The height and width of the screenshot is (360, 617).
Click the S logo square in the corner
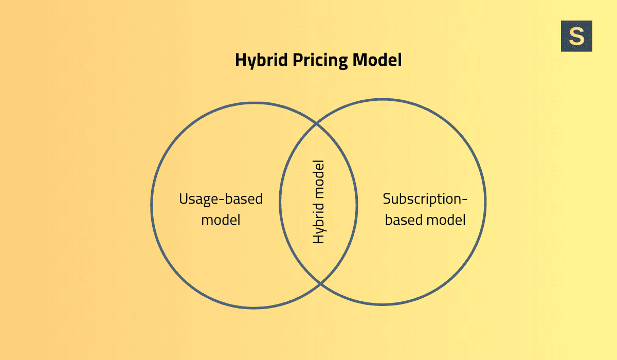576,36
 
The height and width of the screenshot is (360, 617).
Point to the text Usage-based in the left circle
221,199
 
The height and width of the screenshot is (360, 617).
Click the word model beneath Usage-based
221,220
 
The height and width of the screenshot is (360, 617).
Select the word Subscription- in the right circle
426,199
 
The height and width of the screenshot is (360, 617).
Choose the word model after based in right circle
445,220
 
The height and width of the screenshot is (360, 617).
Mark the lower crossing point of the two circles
320,283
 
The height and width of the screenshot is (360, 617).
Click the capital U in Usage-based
184,199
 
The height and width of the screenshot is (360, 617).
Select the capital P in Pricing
298,60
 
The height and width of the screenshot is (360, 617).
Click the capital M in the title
359,60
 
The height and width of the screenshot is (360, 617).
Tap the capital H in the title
240,60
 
